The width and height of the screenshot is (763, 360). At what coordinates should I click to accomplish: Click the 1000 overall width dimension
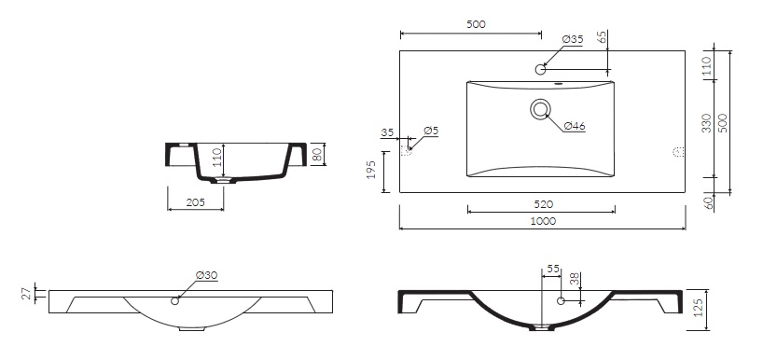pos(543,221)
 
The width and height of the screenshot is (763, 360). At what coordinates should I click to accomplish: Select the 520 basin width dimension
pos(543,204)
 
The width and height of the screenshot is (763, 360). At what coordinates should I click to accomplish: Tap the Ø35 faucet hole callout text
pos(573,39)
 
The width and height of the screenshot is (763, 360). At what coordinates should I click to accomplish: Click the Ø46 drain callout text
pos(575,126)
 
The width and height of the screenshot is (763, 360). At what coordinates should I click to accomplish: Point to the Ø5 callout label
pos(431,131)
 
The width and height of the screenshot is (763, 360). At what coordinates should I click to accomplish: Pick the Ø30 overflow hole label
pos(207,275)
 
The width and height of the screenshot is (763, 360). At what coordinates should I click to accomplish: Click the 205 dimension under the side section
pos(196,202)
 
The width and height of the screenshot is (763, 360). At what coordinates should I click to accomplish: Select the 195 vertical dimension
pos(372,170)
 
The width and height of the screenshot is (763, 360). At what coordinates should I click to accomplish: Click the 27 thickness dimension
pos(28,294)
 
